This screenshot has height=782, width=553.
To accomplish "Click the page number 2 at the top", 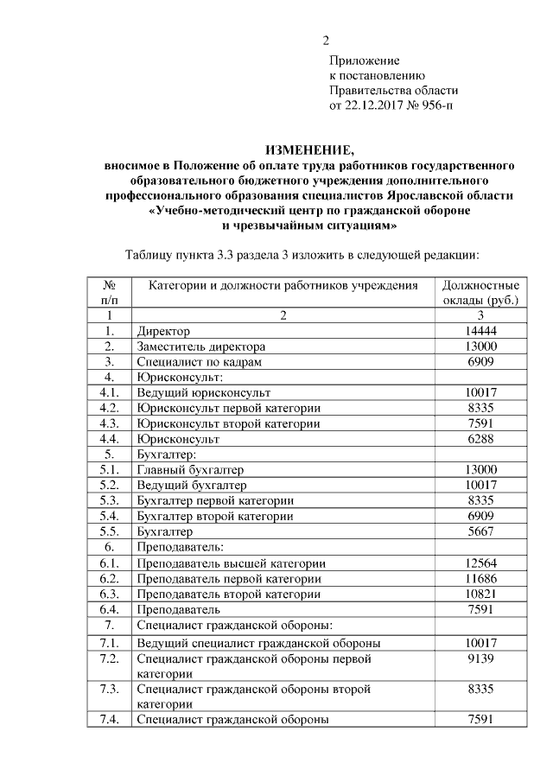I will click(x=326, y=41).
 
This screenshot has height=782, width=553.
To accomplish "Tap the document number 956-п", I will click(x=435, y=105).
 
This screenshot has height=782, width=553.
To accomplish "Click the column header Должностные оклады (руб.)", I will click(x=480, y=292).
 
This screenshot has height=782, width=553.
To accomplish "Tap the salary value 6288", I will click(x=480, y=439).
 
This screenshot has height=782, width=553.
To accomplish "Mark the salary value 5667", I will click(x=480, y=531).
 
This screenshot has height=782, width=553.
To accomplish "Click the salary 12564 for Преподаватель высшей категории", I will click(x=480, y=563).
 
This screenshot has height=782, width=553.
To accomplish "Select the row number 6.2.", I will click(x=109, y=578).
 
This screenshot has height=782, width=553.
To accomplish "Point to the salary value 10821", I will click(x=480, y=594).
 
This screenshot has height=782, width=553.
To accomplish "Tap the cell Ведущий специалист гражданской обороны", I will click(x=259, y=643).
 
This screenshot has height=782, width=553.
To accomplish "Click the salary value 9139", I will click(x=480, y=658).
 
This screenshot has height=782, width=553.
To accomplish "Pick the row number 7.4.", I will click(x=109, y=719).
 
